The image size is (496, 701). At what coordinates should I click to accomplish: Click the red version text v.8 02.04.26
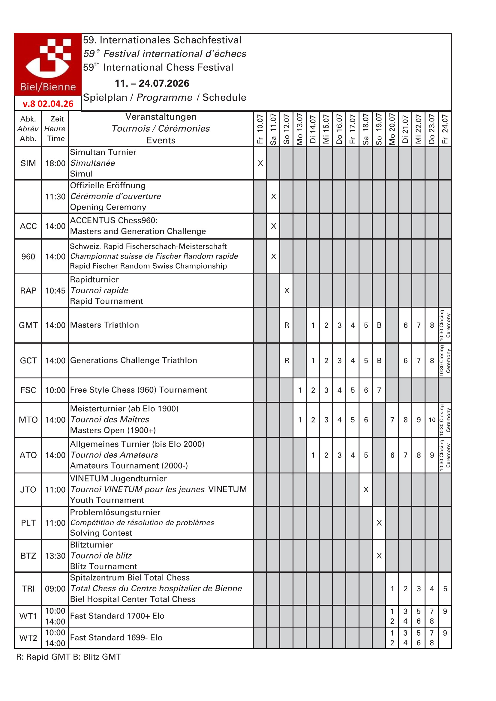coord(48,104)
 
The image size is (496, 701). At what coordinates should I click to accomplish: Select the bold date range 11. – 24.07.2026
coord(152,83)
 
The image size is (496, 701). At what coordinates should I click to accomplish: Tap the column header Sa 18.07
coord(366,129)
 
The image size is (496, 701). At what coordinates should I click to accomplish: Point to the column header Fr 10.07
coord(260,129)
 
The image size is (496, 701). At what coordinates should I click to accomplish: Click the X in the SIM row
coord(260,163)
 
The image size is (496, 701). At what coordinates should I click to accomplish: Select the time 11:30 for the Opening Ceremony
coord(55,197)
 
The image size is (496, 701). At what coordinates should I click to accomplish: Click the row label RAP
coord(28,290)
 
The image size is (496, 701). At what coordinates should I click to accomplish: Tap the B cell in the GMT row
coord(379,325)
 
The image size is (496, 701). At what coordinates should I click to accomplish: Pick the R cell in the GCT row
coord(287,361)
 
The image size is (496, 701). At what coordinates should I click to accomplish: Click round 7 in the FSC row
coord(379,390)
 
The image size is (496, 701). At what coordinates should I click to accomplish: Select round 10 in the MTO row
coord(432,420)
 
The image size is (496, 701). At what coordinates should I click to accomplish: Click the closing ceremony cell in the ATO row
coord(445,455)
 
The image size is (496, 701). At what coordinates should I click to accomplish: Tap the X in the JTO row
coord(366,490)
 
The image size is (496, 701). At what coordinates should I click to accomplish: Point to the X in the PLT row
coord(379,523)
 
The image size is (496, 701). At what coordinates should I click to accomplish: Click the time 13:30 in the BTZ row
coord(55,556)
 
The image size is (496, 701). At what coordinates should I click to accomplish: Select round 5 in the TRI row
coord(445,589)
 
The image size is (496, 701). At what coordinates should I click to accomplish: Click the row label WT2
coord(28,638)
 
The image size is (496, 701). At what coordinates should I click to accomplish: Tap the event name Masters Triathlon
coord(104,325)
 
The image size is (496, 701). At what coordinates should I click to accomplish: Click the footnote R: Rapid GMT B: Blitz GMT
coord(69,657)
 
